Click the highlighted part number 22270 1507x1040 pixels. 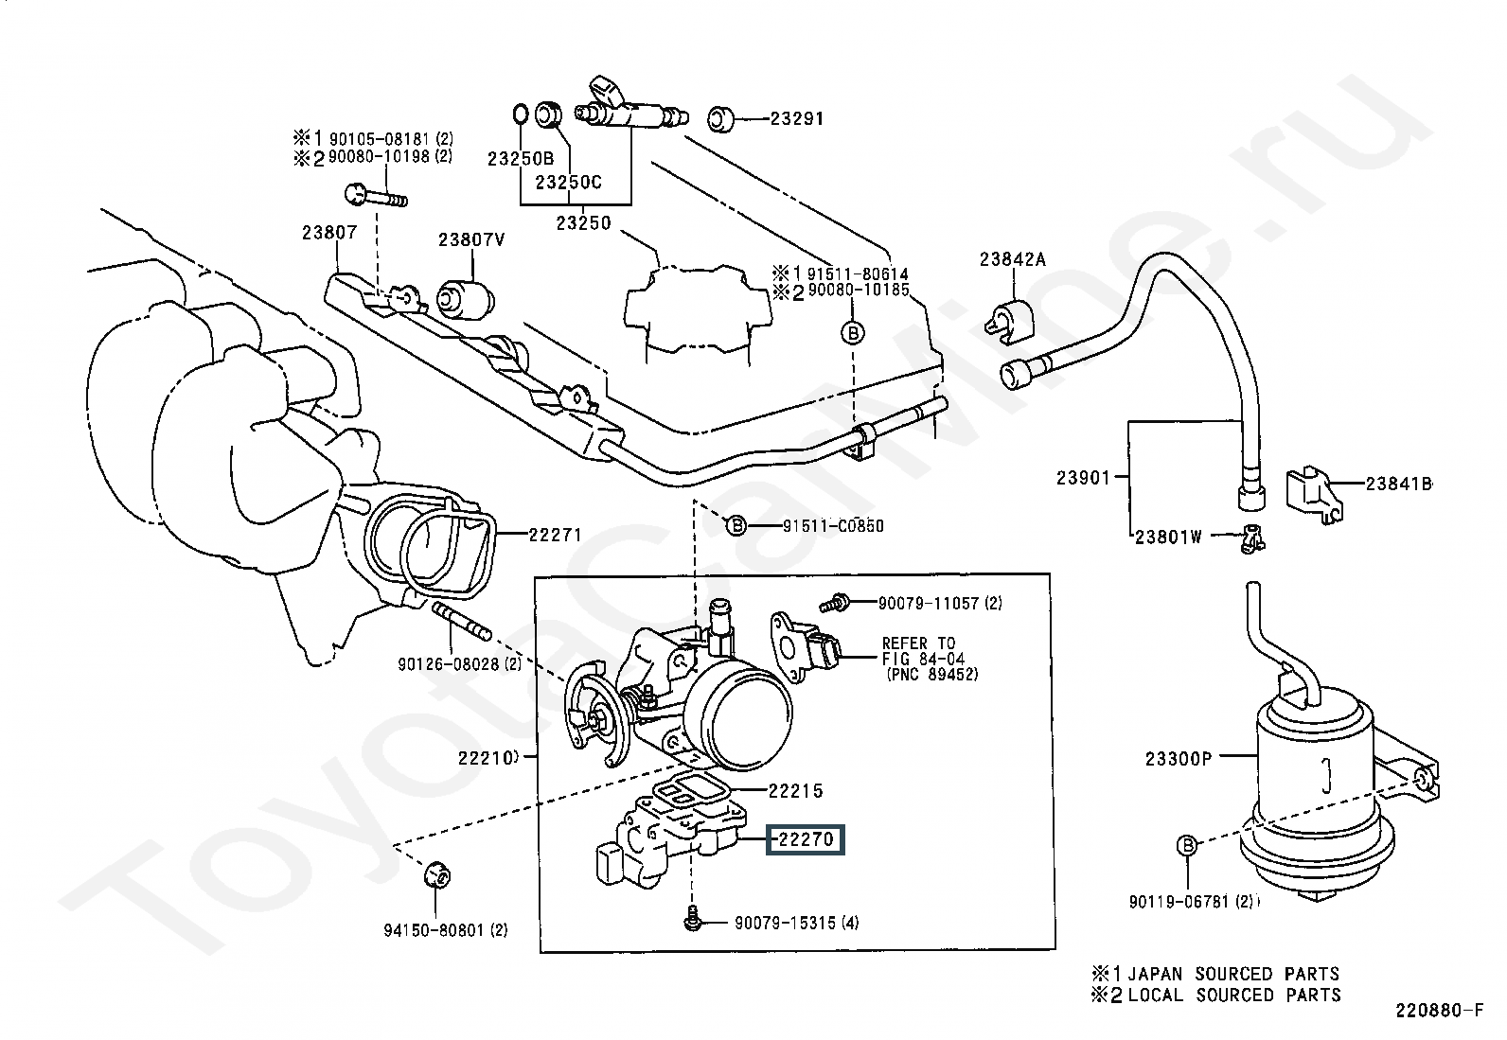806,839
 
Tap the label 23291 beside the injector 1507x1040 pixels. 796,118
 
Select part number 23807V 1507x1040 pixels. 471,239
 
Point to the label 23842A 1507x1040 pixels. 1013,259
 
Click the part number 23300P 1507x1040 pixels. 1179,759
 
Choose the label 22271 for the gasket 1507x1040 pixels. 555,535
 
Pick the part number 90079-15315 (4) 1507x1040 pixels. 796,923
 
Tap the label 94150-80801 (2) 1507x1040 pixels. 445,930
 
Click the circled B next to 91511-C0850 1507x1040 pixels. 736,525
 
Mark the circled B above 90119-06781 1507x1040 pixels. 1187,845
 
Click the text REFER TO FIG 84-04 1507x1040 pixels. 923,650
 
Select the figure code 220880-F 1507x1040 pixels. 1439,1011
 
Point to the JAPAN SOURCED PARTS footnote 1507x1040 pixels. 1215,974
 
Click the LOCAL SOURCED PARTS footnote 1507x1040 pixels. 1215,995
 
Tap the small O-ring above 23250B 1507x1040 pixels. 520,114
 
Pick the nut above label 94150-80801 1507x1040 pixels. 437,876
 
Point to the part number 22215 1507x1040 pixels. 795,790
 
